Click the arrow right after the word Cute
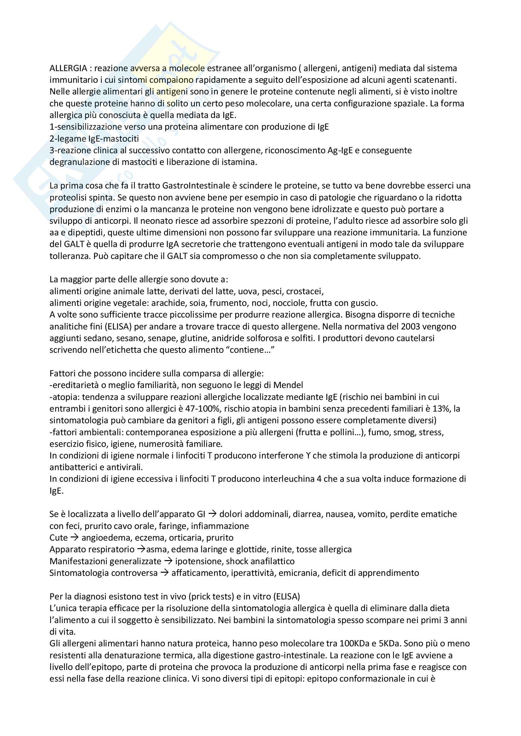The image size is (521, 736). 74,537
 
